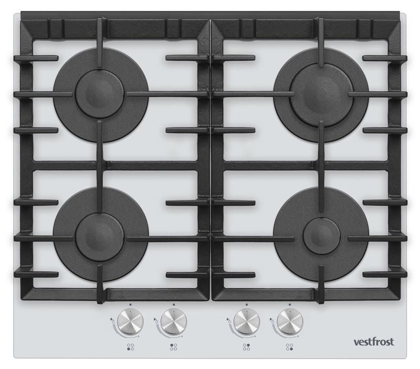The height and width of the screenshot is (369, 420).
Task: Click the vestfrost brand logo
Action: [x=374, y=342]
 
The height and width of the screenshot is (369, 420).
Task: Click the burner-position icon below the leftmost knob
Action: [x=130, y=347]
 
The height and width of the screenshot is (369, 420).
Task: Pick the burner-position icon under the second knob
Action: [x=174, y=347]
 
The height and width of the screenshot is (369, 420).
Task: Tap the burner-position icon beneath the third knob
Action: [x=246, y=347]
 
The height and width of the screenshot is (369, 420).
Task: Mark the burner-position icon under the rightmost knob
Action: [x=290, y=347]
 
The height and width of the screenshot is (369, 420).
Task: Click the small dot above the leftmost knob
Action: [x=130, y=305]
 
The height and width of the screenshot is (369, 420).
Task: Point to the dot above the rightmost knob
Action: [x=290, y=305]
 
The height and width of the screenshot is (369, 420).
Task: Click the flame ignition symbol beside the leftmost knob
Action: [x=111, y=320]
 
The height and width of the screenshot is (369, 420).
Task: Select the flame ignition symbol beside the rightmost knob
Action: [x=271, y=320]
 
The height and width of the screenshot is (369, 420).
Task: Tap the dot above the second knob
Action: [x=174, y=305]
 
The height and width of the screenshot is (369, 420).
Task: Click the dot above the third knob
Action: [x=247, y=305]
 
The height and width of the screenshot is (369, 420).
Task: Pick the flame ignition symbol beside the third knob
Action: [x=228, y=320]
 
